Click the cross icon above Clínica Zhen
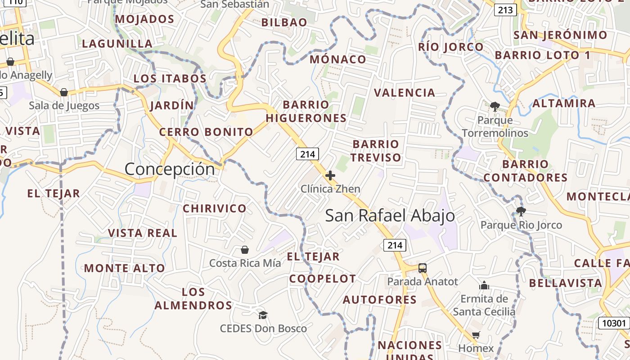click(330, 175)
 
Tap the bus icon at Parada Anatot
click(422, 268)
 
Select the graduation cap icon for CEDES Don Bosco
click(263, 315)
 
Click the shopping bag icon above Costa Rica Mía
click(245, 249)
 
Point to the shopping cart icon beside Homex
click(476, 335)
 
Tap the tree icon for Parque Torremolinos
click(495, 107)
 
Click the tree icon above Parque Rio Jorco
click(521, 211)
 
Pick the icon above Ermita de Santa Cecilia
click(484, 285)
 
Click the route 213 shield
click(505, 10)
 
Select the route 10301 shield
click(613, 323)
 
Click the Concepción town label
click(170, 169)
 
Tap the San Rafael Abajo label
click(390, 216)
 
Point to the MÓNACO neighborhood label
click(338, 59)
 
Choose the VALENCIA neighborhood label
click(405, 93)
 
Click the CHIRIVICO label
click(215, 208)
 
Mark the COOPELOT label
click(323, 279)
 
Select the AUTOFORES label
click(380, 300)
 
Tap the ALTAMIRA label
click(564, 103)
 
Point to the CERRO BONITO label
click(206, 132)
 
